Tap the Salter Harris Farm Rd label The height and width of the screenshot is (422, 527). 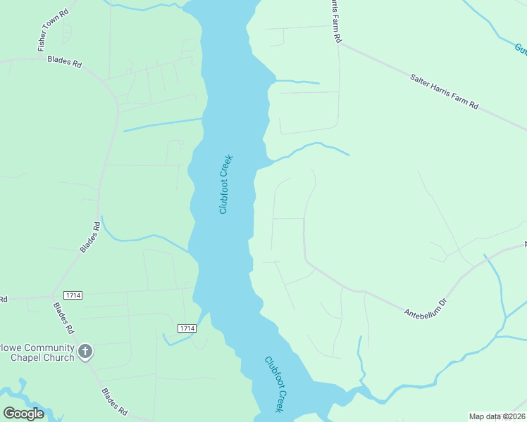pyautogui.click(x=444, y=90)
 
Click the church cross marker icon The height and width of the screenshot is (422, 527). pyautogui.click(x=85, y=352)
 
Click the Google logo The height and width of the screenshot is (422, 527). pyautogui.click(x=23, y=413)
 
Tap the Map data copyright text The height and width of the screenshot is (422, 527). pyautogui.click(x=497, y=416)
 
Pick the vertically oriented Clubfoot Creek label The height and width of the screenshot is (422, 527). pyautogui.click(x=225, y=184)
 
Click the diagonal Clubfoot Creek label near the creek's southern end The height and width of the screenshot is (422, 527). pyautogui.click(x=277, y=384)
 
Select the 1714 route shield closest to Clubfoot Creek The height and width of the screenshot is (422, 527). pyautogui.click(x=186, y=328)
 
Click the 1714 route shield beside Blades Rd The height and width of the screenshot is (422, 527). pyautogui.click(x=73, y=295)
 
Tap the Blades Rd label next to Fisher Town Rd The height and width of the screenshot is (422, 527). pyautogui.click(x=65, y=62)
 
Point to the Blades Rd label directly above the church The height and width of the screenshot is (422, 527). pyautogui.click(x=64, y=318)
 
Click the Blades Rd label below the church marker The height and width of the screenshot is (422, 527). pyautogui.click(x=114, y=402)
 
